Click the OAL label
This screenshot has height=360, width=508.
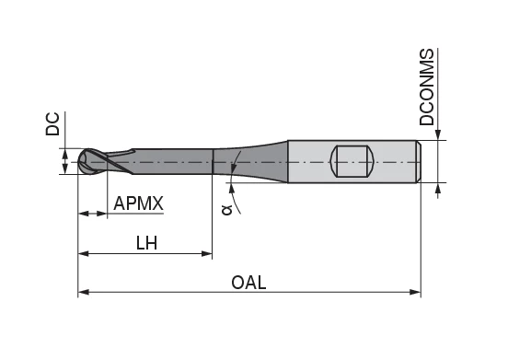coord(248,283)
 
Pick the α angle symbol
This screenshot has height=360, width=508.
coord(226,211)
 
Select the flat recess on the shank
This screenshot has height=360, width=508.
coord(352,161)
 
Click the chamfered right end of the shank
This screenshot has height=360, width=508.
coord(419,161)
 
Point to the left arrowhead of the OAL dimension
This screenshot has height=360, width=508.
coord(84,293)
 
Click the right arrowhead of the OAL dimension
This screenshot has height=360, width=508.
coord(415,293)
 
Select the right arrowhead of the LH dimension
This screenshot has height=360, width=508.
coord(207,252)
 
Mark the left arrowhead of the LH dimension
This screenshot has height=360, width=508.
coord(84,252)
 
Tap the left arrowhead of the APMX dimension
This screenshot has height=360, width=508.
coord(84,214)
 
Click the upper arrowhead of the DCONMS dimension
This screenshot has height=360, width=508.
coord(438,134)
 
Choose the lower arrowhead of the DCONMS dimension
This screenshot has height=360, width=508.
coord(438,188)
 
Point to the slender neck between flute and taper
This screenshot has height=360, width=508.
coord(175,161)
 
